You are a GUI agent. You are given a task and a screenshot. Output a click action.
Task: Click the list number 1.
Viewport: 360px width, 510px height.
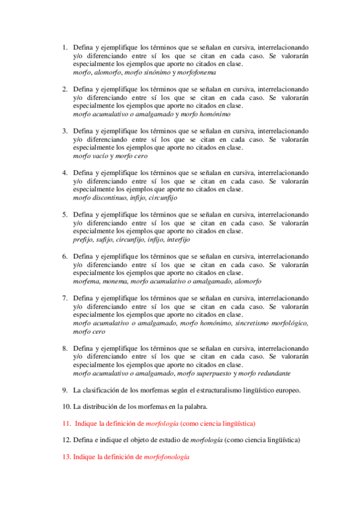[64, 46]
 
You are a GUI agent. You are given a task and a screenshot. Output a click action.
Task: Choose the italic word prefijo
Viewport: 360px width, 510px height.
[83, 239]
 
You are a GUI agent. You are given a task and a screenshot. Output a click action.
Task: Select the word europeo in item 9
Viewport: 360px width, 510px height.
[286, 390]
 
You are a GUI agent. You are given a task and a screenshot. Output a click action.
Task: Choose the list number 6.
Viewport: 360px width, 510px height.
[64, 256]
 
